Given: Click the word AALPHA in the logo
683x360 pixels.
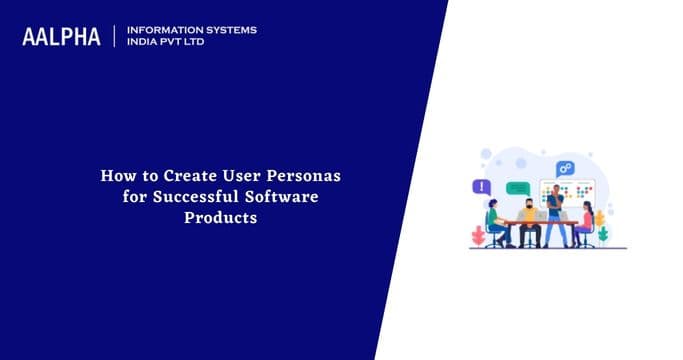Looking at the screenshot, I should [61, 37].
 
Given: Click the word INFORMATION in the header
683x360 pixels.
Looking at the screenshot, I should [159, 30].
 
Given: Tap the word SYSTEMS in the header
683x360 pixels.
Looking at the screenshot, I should [227, 30].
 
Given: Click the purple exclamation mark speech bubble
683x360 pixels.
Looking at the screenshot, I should [483, 187].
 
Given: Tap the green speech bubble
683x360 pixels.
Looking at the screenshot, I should [517, 187].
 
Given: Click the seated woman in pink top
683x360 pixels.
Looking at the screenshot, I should [584, 221].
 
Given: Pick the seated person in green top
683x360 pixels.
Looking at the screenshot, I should [494, 224].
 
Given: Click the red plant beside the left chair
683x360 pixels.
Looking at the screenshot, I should [478, 236].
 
